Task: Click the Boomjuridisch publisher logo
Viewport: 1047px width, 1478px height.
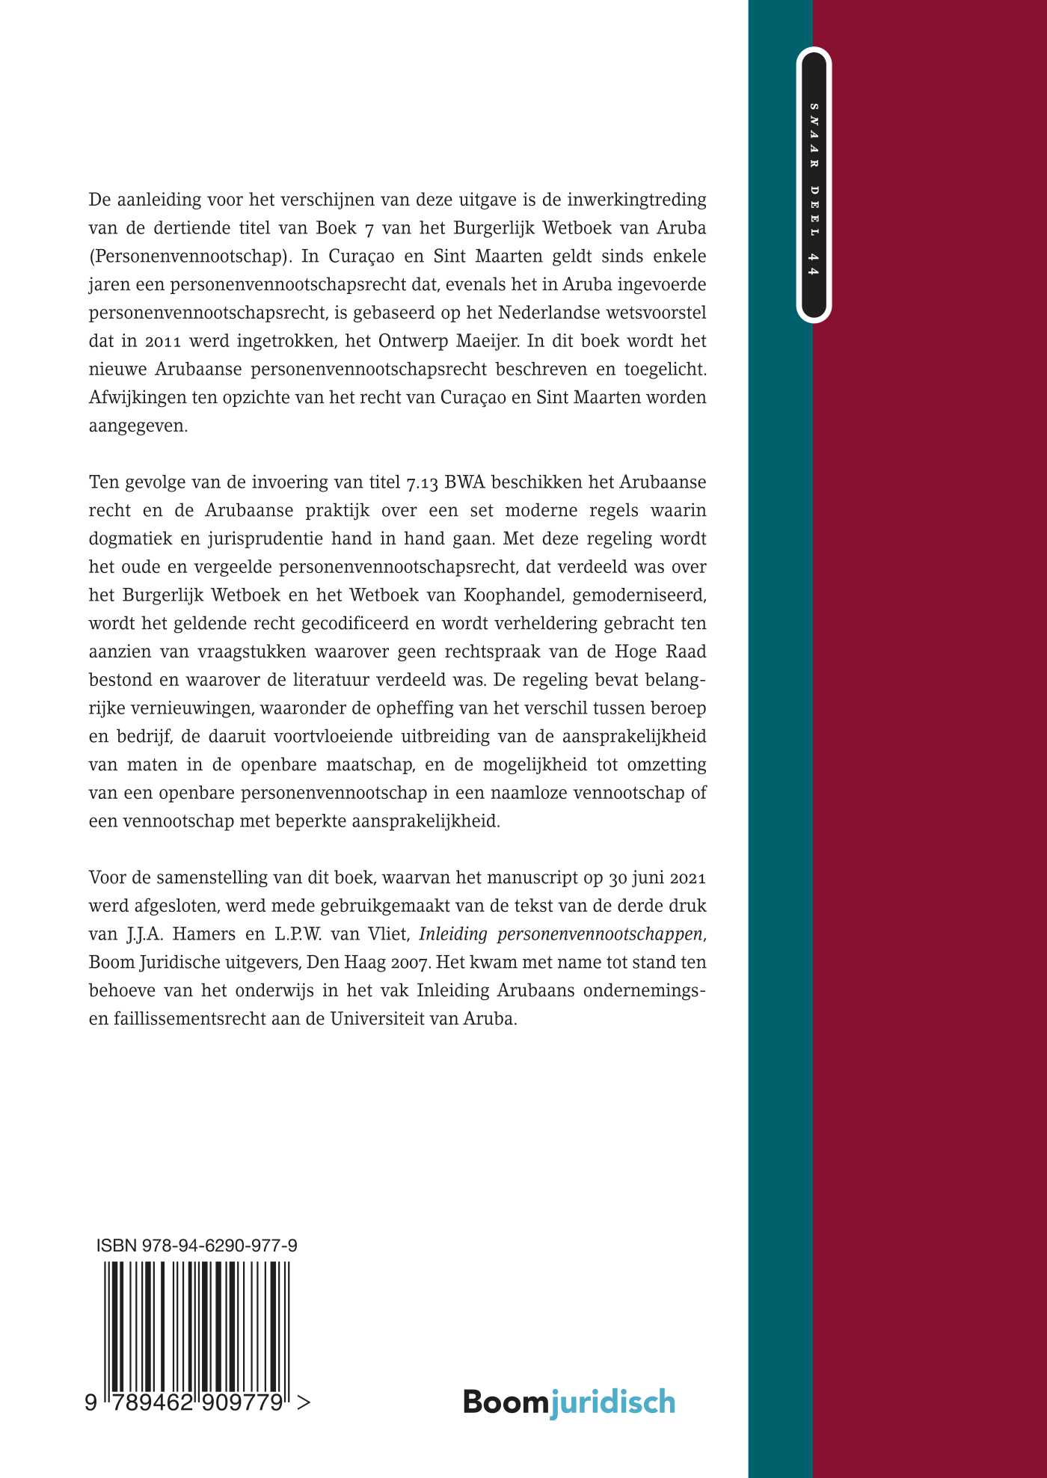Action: (x=569, y=1402)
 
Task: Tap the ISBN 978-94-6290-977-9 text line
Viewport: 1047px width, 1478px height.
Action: (x=197, y=1246)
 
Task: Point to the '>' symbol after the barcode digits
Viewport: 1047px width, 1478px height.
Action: (x=303, y=1403)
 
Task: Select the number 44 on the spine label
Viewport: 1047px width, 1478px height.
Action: (x=814, y=263)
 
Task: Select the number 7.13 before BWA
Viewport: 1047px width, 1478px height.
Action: (x=422, y=482)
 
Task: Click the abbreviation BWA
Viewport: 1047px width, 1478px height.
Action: (x=465, y=482)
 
